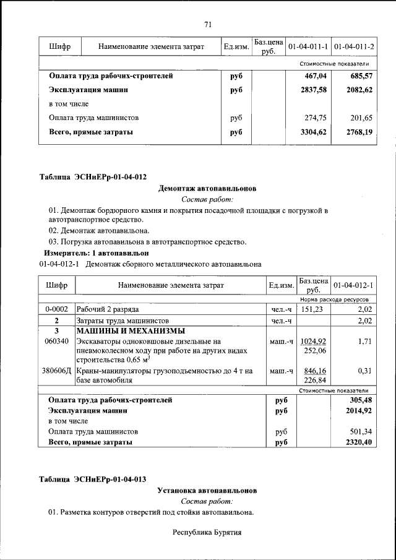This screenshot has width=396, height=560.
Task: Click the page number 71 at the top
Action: coord(208,24)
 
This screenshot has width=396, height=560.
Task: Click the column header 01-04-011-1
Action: coord(308,46)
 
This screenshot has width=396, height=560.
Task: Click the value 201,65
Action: coord(361,118)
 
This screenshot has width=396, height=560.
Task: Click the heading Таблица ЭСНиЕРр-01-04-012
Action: coord(93,177)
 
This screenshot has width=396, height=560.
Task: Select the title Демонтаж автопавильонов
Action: coord(207,188)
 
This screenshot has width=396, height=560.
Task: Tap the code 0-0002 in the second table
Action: coord(56,309)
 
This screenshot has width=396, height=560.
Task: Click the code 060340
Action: coord(56,341)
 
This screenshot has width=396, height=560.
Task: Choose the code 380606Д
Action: coord(56,371)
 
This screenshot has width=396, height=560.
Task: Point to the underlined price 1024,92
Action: coord(313,341)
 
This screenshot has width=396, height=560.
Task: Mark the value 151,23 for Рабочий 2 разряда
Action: coord(312,309)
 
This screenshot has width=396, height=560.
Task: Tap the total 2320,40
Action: coord(359,442)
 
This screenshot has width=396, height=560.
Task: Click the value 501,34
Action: coord(361,431)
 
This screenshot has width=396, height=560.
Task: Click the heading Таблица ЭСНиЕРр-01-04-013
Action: coord(93,479)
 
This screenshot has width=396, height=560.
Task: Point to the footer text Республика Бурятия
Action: coord(207,532)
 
